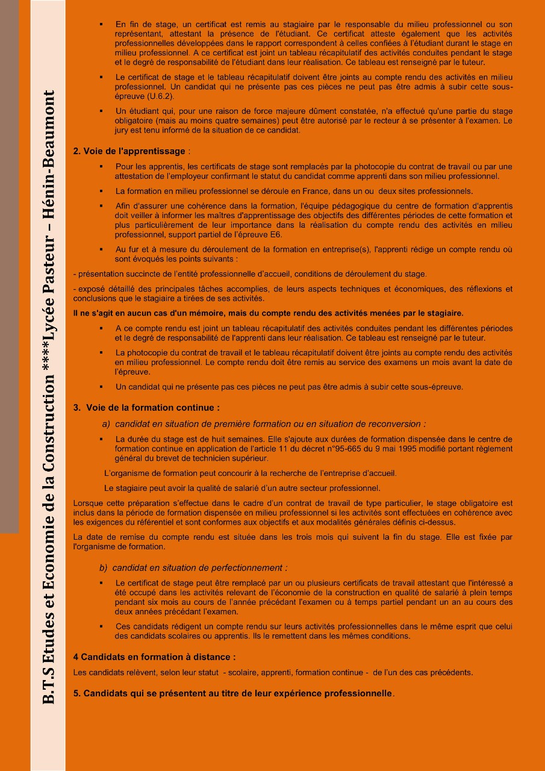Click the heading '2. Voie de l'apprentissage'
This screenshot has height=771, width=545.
(x=129, y=151)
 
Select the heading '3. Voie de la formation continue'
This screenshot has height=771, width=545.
(x=146, y=408)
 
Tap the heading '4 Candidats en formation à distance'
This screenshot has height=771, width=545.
(x=154, y=657)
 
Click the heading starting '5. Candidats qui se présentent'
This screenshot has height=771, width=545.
(x=232, y=693)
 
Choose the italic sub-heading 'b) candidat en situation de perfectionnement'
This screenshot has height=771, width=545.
(x=193, y=567)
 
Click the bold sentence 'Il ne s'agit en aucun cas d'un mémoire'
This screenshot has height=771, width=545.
(x=268, y=313)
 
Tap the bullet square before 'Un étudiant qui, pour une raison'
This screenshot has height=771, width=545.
(x=101, y=111)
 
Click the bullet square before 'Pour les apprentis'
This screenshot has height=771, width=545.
(x=101, y=166)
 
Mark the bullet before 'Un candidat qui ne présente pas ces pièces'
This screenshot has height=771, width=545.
(x=101, y=387)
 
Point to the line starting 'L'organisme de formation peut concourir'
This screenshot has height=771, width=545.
(x=250, y=473)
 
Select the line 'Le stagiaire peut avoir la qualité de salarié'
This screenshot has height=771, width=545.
(x=242, y=488)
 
